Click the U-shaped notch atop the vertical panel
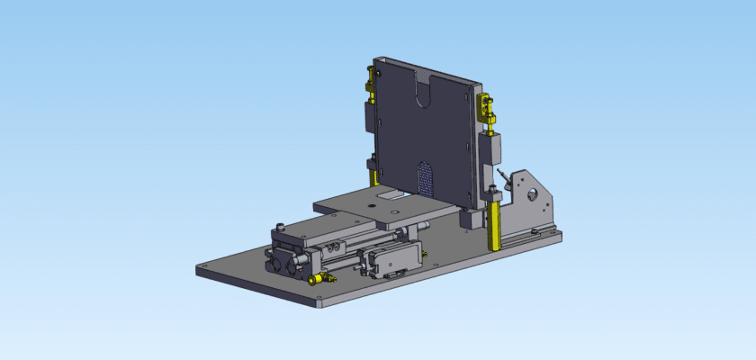click(x=422, y=94)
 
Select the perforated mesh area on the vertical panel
click(x=425, y=177)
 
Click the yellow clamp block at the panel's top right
click(x=486, y=110)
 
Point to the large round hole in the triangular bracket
click(x=533, y=193)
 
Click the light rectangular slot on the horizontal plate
click(x=392, y=194)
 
